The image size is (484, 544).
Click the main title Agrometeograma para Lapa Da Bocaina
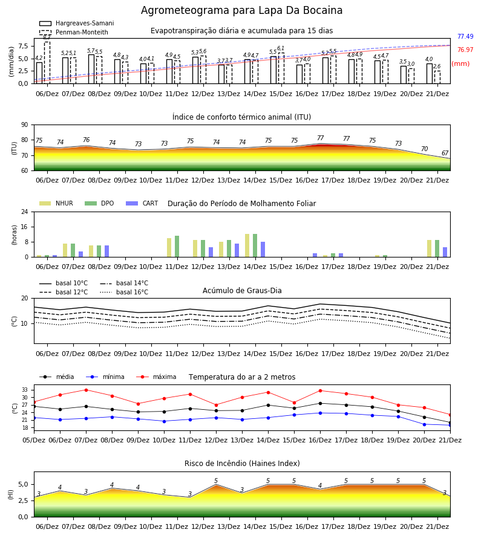[x=241, y=10]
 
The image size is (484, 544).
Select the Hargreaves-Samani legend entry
[x=77, y=23]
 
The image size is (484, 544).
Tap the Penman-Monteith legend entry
[x=74, y=32]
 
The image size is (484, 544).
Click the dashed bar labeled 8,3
[x=47, y=63]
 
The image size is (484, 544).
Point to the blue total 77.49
[x=465, y=36]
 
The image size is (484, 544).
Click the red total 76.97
[x=465, y=50]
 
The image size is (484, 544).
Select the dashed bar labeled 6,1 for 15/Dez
[x=281, y=68]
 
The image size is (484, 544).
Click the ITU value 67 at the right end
[x=445, y=153]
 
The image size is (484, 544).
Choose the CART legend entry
[x=142, y=203]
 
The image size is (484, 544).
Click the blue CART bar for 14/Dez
[x=263, y=250]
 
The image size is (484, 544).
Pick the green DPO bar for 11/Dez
[x=177, y=247]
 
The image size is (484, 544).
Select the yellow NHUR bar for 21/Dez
[x=430, y=249]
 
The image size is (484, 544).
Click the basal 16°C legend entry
[x=124, y=292]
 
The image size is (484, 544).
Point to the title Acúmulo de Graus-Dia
[x=242, y=291]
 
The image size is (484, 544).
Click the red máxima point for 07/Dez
[x=86, y=390]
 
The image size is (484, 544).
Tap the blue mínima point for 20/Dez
[x=424, y=424]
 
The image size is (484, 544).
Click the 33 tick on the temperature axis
[x=25, y=390]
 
